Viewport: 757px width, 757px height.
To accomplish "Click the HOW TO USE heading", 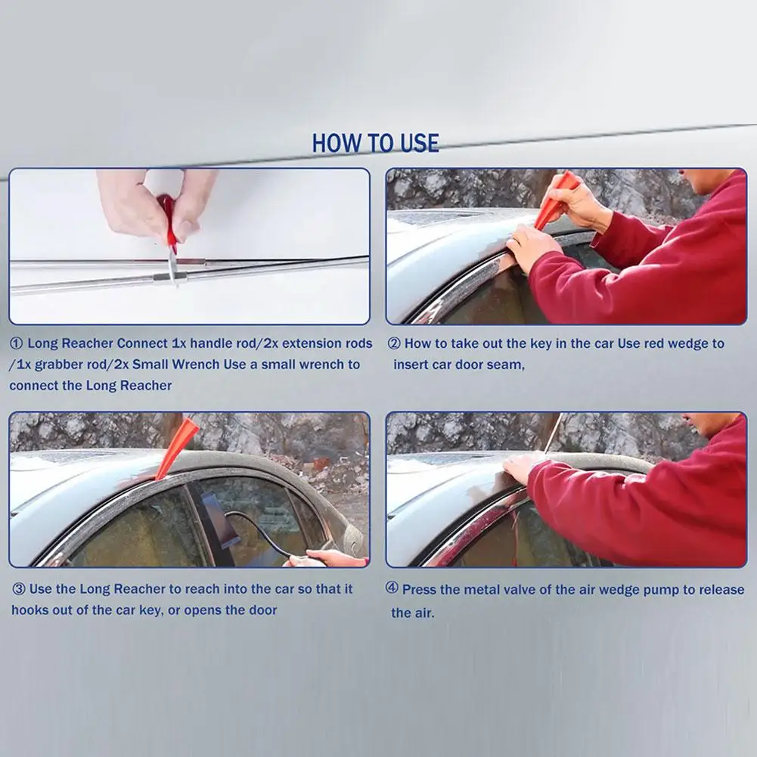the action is click(375, 144).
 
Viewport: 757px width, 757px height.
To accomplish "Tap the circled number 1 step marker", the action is click(17, 343).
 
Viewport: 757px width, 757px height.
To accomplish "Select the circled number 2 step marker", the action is click(395, 343).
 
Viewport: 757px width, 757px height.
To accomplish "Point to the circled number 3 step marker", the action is click(18, 589).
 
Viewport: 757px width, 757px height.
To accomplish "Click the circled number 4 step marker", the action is click(392, 588).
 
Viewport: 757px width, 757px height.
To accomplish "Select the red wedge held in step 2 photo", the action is click(552, 201).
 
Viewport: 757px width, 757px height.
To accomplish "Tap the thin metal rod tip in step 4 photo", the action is click(562, 414).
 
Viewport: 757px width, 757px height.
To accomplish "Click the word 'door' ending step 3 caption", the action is click(262, 610).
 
